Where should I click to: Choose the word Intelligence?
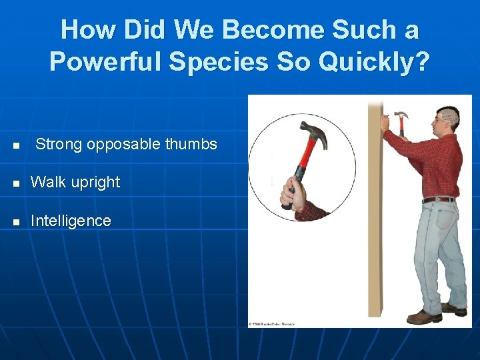coord(71,221)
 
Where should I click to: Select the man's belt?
coord(439,199)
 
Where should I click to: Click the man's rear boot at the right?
coord(455,309)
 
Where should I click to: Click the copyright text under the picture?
coord(271,324)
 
